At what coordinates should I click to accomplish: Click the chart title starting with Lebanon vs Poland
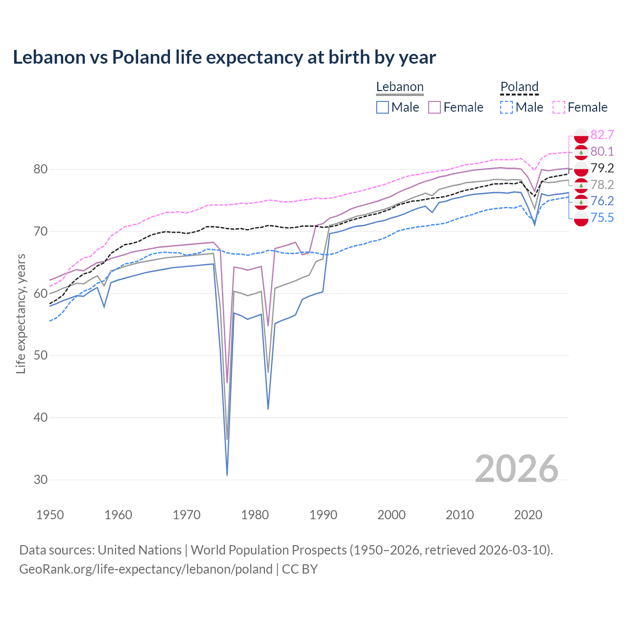[224, 57]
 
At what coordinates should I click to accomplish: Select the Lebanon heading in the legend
[400, 87]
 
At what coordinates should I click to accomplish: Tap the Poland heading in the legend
[519, 87]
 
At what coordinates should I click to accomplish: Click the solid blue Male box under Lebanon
[383, 107]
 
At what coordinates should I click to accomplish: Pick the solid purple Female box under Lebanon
[435, 107]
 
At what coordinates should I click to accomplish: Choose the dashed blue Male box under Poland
[507, 107]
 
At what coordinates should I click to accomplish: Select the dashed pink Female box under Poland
[559, 107]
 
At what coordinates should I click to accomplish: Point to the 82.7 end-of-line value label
[602, 135]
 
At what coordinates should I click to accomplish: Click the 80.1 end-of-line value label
[602, 152]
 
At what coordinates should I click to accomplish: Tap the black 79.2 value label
[602, 169]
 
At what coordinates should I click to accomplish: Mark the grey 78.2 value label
[602, 185]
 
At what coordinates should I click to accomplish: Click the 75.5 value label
[602, 218]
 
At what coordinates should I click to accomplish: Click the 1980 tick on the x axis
[255, 515]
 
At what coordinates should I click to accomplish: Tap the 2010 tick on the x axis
[459, 515]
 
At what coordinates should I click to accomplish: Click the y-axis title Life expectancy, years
[21, 313]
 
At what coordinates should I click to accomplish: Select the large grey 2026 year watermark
[516, 469]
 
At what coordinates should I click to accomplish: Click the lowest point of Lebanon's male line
[227, 475]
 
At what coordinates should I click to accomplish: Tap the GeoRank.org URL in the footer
[146, 569]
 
